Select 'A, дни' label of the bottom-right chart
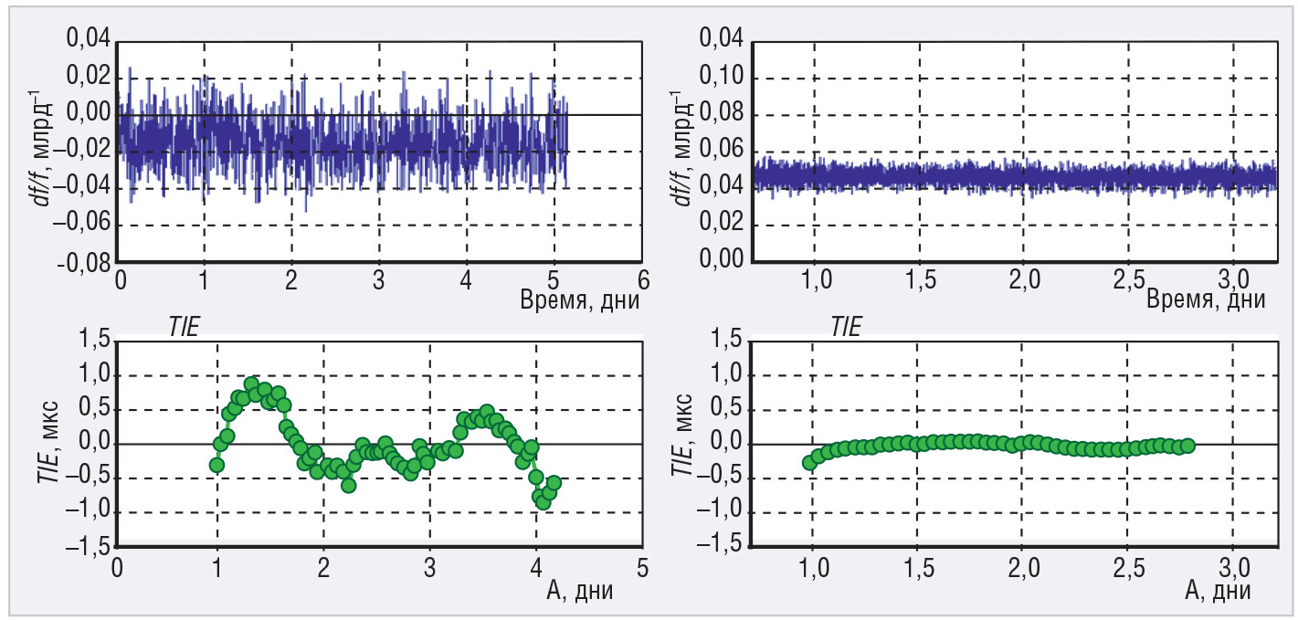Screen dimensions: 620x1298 click(x=1217, y=590)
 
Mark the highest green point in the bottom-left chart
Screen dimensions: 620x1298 click(x=251, y=384)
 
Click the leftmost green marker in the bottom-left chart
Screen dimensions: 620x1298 click(x=216, y=465)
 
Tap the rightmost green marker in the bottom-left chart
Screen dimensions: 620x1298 click(x=553, y=483)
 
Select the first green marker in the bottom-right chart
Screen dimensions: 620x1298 click(x=809, y=463)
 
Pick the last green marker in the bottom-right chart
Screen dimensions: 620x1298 click(x=1187, y=446)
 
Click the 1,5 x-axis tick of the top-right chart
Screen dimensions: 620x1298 click(x=918, y=278)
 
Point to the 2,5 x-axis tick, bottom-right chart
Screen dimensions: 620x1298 click(x=1129, y=565)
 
